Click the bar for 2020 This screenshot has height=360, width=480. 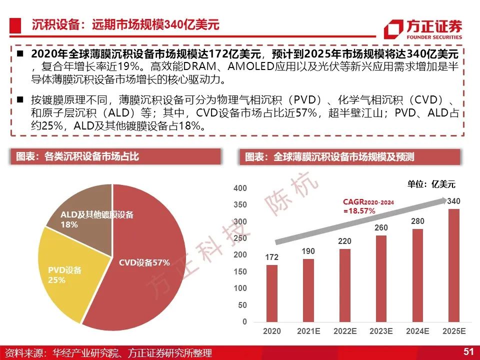pyautogui.click(x=272, y=293)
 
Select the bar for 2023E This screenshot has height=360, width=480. pyautogui.click(x=381, y=278)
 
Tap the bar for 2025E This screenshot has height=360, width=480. pyautogui.click(x=454, y=265)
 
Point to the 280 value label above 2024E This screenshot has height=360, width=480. pyautogui.click(x=417, y=221)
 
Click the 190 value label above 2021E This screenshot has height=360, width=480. pyautogui.click(x=308, y=251)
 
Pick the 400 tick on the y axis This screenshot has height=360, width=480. pyautogui.click(x=240, y=188)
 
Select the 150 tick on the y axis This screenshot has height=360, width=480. pyautogui.click(x=240, y=271)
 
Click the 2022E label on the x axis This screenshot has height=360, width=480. pyautogui.click(x=345, y=331)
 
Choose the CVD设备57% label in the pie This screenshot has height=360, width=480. pyautogui.click(x=144, y=262)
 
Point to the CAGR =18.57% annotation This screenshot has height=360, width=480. pyautogui.click(x=368, y=206)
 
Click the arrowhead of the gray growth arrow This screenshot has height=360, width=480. pyautogui.click(x=443, y=200)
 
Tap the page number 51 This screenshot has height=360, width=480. pyautogui.click(x=468, y=351)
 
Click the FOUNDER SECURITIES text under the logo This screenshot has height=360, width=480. pyautogui.click(x=434, y=37)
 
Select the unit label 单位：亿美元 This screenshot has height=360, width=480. pyautogui.click(x=431, y=184)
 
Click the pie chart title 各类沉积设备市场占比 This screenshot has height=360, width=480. pyautogui.click(x=91, y=156)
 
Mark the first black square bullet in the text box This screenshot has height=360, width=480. pyautogui.click(x=20, y=54)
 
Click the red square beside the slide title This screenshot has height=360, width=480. pyautogui.click(x=15, y=25)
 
